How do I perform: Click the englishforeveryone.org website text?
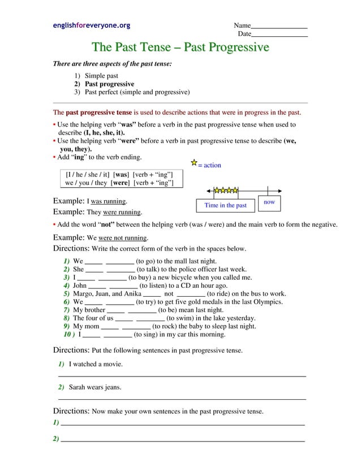pyautogui.click(x=91, y=25)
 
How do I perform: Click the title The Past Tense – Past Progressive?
pyautogui.click(x=180, y=47)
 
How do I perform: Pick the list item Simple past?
pyautogui.click(x=101, y=76)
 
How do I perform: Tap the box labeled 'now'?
pyautogui.click(x=269, y=202)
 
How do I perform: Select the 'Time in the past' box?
pyautogui.click(x=225, y=205)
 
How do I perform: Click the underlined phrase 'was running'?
pyautogui.click(x=109, y=201)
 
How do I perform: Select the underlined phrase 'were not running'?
pyautogui.click(x=123, y=238)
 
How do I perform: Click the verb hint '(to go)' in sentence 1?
pyautogui.click(x=148, y=261)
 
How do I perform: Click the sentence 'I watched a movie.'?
pyautogui.click(x=96, y=364)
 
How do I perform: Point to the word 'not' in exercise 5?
pyautogui.click(x=169, y=294)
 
